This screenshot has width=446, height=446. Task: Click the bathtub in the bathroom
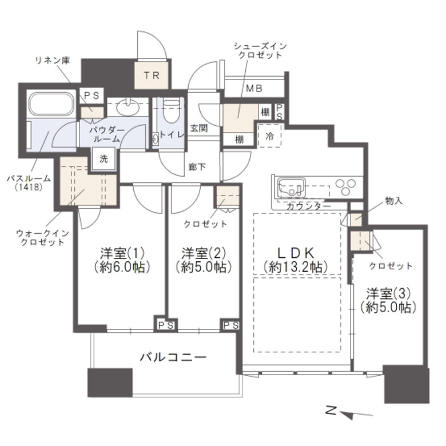point(51,103)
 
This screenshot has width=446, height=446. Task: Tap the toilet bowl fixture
point(172,110)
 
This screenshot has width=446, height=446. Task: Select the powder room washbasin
point(128,107)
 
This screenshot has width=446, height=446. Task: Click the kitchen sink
point(291,187)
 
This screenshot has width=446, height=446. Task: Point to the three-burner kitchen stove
point(345,186)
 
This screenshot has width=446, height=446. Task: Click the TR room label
point(152,75)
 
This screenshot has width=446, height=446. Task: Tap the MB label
point(254,89)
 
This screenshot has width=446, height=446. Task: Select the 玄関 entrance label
point(198,128)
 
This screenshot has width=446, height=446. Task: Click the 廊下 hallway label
point(197,167)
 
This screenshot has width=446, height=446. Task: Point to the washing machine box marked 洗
point(104,159)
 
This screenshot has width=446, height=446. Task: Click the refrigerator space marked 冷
point(269,136)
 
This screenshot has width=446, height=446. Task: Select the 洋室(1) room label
point(122,252)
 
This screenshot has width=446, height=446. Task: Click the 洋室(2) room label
point(204,252)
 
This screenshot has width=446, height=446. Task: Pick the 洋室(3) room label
point(388,293)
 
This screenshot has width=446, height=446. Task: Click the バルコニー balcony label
point(173,357)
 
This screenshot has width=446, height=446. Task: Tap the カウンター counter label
point(308,206)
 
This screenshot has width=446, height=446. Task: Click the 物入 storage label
point(393,201)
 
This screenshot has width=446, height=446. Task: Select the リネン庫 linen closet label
point(53,60)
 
